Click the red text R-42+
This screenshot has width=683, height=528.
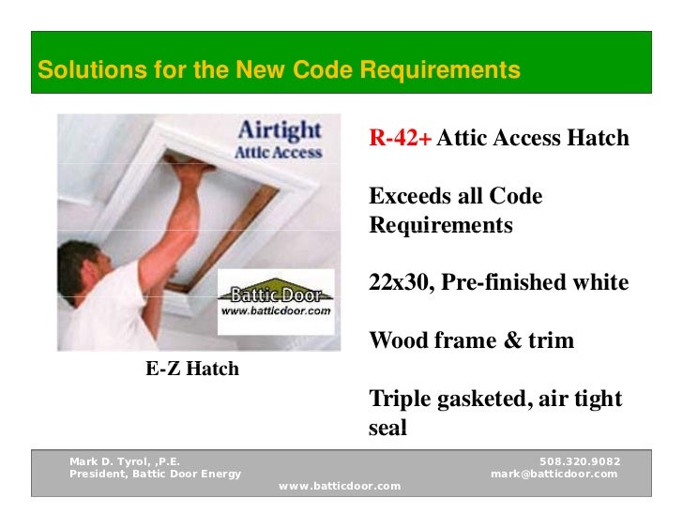pos(401,140)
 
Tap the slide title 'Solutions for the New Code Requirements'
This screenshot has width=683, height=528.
pos(279,70)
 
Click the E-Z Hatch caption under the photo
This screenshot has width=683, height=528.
pos(191,369)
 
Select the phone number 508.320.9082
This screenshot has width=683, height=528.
pos(580,462)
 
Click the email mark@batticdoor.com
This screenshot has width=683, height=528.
pos(554,474)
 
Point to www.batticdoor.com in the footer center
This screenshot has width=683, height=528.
pos(340,486)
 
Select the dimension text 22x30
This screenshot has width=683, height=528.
pos(396,282)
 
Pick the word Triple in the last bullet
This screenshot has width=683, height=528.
pos(402,399)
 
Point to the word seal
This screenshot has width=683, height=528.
pos(388,428)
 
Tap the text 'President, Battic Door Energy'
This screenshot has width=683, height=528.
pos(155,474)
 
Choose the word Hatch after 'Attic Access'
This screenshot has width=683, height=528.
pos(598,140)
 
